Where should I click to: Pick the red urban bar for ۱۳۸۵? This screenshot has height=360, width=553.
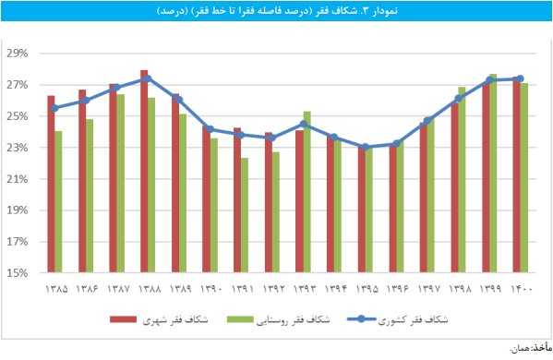pyautogui.click(x=51, y=184)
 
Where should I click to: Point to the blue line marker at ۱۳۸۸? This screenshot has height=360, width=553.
pyautogui.click(x=148, y=79)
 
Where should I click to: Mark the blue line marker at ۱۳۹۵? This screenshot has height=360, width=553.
pyautogui.click(x=365, y=147)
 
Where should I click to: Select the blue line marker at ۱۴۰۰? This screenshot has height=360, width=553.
pyautogui.click(x=521, y=79)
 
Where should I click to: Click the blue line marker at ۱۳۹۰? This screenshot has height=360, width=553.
pyautogui.click(x=210, y=129)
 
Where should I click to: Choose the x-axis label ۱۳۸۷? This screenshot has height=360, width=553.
pyautogui.click(x=116, y=290)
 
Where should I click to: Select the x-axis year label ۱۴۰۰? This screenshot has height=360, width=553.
pyautogui.click(x=521, y=290)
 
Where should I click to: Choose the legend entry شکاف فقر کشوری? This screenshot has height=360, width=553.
pyautogui.click(x=417, y=320)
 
